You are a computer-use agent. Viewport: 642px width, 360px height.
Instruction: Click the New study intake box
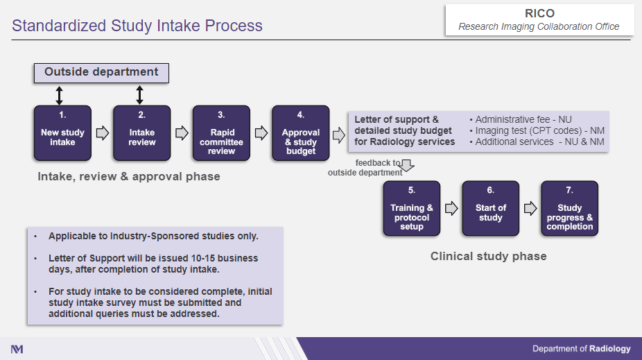click(x=62, y=133)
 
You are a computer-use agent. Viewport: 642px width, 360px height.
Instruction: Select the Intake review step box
click(x=141, y=133)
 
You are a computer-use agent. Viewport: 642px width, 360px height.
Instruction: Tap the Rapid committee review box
click(x=221, y=133)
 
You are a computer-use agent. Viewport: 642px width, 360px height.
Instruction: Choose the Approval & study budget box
click(x=300, y=133)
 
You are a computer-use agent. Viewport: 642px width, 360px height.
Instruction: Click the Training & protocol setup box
click(x=412, y=208)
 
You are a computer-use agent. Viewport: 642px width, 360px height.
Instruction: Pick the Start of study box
click(x=491, y=208)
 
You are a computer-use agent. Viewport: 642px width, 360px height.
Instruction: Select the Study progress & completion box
click(x=570, y=208)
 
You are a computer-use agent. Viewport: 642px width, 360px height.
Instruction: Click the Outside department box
click(x=101, y=72)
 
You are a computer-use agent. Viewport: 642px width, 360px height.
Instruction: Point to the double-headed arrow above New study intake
click(x=60, y=95)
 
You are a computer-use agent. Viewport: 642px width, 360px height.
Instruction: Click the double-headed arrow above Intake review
click(x=139, y=95)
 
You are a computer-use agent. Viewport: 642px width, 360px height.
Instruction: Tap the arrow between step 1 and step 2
click(x=102, y=132)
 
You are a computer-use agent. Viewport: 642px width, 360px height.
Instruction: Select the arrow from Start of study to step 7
click(x=530, y=208)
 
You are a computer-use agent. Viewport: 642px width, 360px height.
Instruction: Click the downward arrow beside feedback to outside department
click(x=408, y=166)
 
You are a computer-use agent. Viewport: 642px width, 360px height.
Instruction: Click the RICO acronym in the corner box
click(x=539, y=14)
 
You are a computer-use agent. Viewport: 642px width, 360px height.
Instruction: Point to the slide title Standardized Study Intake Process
click(x=137, y=26)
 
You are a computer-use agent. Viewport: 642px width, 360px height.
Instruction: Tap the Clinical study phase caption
click(x=488, y=257)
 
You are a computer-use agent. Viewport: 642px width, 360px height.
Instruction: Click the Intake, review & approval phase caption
click(x=129, y=177)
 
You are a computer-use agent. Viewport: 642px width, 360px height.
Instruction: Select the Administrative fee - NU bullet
click(x=520, y=119)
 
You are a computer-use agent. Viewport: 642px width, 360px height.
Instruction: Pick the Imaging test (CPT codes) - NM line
click(x=537, y=130)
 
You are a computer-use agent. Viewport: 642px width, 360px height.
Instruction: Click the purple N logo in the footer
click(x=17, y=349)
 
